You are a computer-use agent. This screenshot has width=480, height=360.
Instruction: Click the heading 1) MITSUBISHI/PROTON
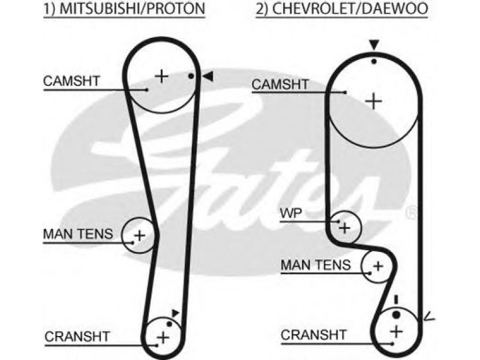point(124,8)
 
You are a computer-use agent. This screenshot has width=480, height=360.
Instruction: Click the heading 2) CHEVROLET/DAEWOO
point(341,8)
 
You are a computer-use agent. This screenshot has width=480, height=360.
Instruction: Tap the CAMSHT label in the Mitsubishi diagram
point(71,81)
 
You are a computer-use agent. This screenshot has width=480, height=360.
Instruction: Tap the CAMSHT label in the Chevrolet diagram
point(280,84)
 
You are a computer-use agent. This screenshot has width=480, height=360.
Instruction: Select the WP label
point(291,214)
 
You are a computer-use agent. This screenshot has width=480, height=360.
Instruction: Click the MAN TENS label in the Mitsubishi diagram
point(78,234)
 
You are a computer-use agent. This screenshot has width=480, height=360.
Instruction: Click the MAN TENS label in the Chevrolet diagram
point(316,265)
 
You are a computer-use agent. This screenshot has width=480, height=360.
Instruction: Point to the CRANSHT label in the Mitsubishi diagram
point(77,337)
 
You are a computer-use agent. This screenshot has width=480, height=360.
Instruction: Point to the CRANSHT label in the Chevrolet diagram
point(313,335)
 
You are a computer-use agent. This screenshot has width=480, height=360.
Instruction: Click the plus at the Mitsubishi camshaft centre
point(162,76)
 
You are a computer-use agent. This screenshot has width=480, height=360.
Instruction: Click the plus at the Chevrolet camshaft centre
point(373,101)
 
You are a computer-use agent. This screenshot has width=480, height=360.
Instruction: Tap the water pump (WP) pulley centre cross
point(345,228)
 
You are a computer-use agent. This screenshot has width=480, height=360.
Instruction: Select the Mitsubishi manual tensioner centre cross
point(140,236)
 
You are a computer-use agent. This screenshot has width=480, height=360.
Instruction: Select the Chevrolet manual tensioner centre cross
point(379,266)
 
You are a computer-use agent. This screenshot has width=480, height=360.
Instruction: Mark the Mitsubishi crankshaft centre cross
point(163,338)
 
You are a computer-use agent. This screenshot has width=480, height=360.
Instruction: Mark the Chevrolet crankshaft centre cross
point(397,332)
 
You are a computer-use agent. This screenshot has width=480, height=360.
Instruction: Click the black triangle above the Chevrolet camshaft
point(374,44)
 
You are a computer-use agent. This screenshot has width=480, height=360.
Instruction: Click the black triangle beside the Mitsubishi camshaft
point(208,76)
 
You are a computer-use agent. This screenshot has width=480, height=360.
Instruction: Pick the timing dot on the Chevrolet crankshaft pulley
point(396,314)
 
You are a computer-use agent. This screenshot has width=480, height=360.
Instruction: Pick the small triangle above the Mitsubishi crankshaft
point(175,313)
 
